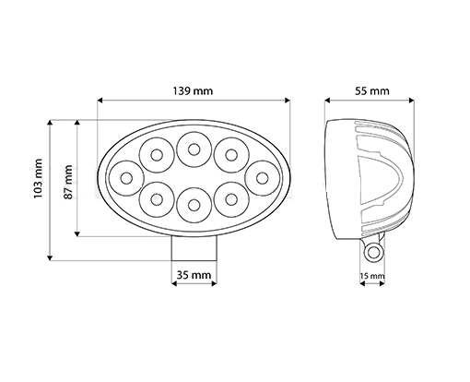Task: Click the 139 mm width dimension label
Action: pyautogui.click(x=193, y=91)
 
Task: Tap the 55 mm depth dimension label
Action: pyautogui.click(x=372, y=91)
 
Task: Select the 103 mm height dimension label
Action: pyautogui.click(x=38, y=179)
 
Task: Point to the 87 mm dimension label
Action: pyautogui.click(x=68, y=183)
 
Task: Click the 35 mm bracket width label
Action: pyautogui.click(x=194, y=275)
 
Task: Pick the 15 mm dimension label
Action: pyautogui.click(x=372, y=276)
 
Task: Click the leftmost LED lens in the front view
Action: pyautogui.click(x=126, y=178)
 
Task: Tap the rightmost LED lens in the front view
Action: pyautogui.click(x=262, y=178)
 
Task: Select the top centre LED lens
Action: pyautogui.click(x=194, y=149)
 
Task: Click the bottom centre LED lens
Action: pyautogui.click(x=194, y=205)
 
